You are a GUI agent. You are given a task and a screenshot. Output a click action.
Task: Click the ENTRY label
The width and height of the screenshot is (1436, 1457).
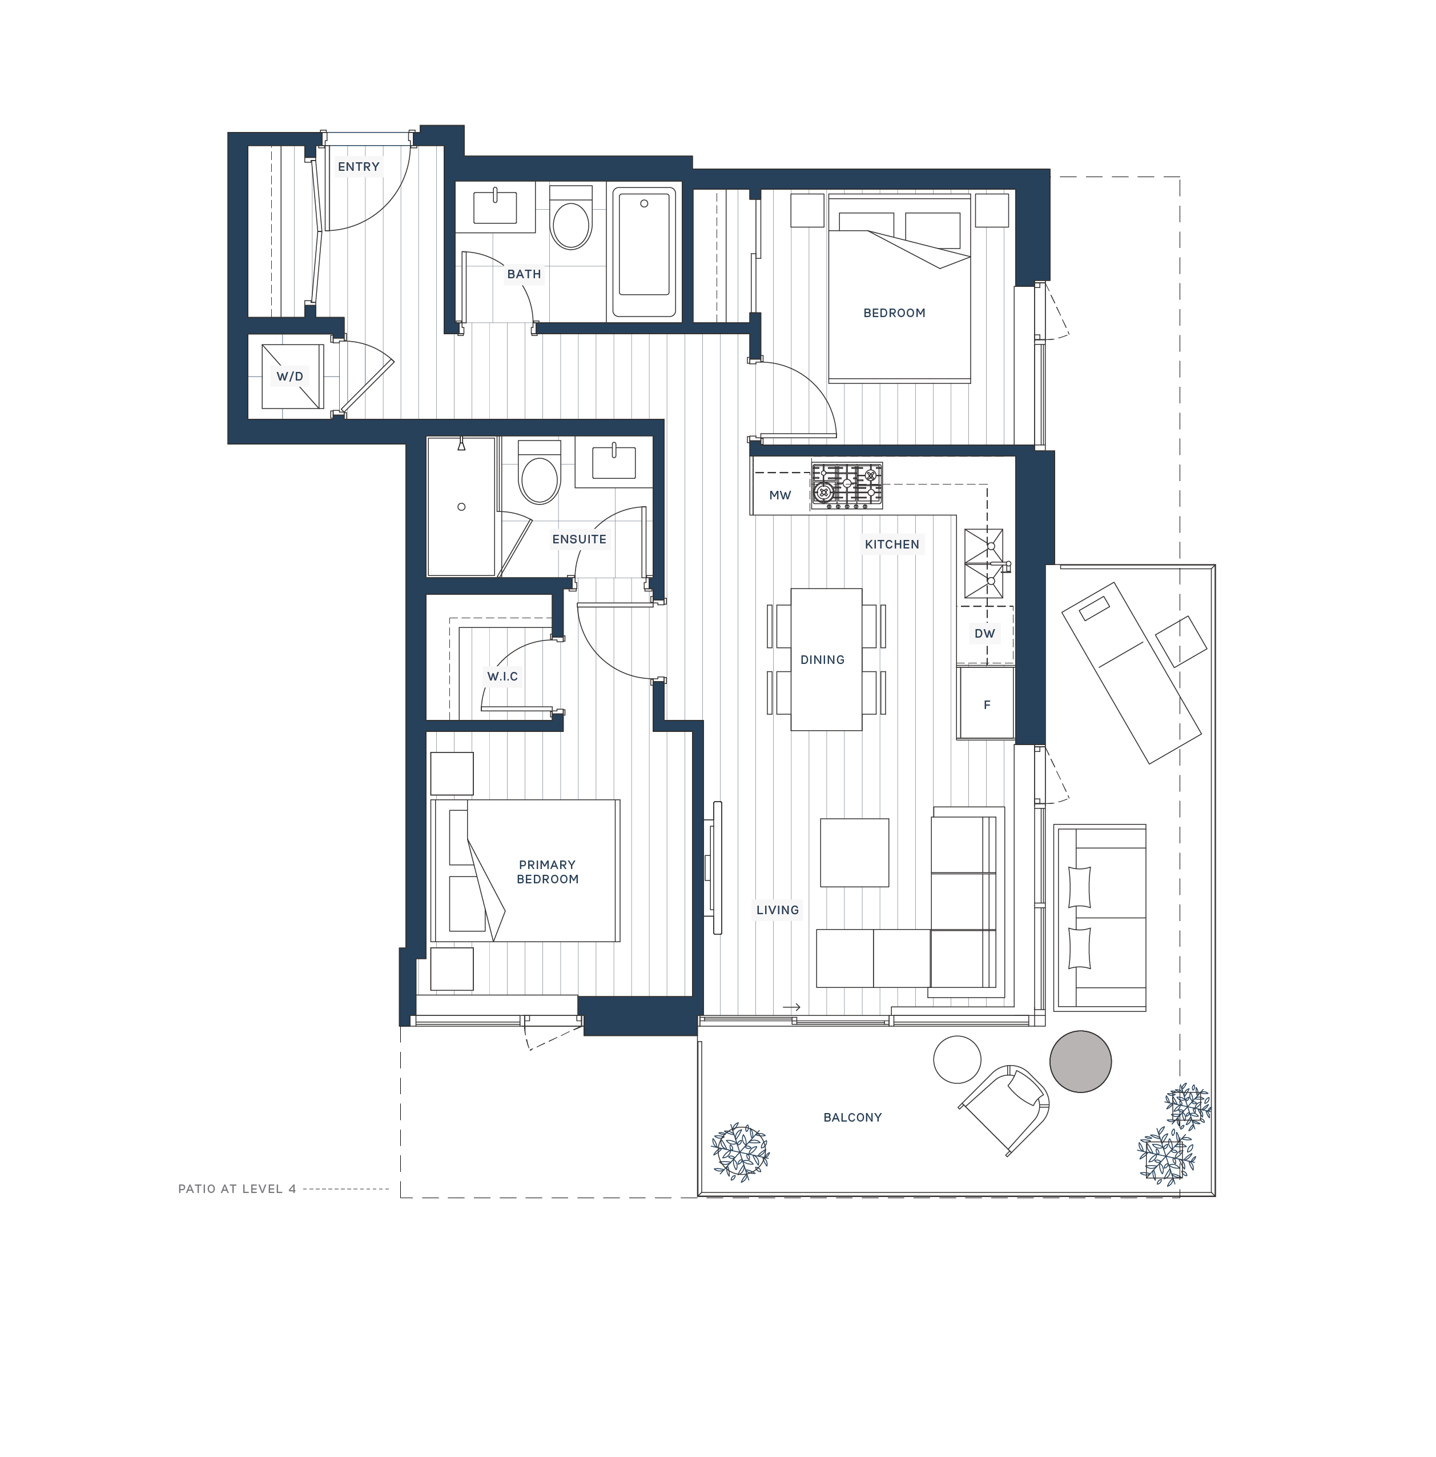point(358,167)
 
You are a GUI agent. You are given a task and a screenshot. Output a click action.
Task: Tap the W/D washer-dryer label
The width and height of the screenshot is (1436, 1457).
point(289,377)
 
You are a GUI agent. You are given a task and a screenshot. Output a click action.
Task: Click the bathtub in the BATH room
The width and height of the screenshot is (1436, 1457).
point(643,252)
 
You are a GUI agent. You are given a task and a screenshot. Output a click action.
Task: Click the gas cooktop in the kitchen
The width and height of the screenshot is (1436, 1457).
point(846,485)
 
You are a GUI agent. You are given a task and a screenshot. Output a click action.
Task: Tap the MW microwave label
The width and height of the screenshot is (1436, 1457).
point(779,495)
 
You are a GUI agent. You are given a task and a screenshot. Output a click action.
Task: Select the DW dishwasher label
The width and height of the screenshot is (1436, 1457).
point(984,634)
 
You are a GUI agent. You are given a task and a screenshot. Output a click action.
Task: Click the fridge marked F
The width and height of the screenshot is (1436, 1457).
point(986,705)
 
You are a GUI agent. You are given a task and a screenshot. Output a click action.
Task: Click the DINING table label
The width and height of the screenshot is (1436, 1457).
point(822,660)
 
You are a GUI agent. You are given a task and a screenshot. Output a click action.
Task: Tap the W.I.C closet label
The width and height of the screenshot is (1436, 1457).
point(502,677)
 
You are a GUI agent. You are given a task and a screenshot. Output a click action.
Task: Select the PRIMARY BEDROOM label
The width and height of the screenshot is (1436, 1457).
point(547,872)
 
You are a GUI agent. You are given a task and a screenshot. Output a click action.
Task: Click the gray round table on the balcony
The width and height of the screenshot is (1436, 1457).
point(1080,1061)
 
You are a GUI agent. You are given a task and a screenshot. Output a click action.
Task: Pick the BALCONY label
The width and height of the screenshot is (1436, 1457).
point(852,1118)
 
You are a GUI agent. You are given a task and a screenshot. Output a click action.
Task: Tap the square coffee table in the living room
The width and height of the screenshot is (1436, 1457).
point(854,852)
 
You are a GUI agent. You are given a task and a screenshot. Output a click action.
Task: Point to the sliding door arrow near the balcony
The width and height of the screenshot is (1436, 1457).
point(791,1007)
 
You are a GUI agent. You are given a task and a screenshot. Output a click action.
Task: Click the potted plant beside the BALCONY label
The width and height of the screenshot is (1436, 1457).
point(740,1151)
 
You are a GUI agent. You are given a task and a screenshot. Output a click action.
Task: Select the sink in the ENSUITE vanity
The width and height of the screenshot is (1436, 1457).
point(614,462)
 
